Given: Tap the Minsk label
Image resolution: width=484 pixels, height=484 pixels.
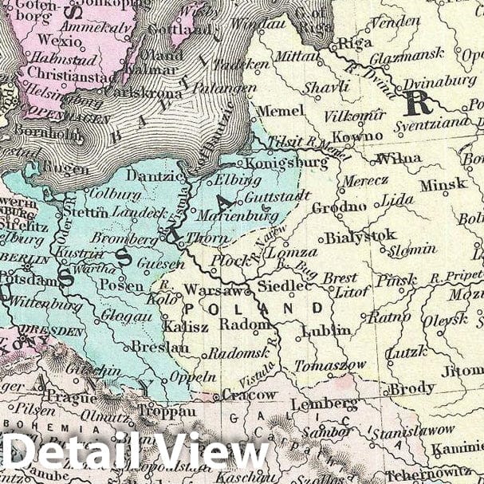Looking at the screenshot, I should (x=443, y=183).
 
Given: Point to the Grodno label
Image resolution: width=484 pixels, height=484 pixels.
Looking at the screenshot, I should (x=339, y=207).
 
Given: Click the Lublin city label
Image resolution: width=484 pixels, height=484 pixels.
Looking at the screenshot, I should (x=326, y=330).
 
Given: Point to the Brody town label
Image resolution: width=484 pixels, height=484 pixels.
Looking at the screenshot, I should (x=411, y=388).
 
